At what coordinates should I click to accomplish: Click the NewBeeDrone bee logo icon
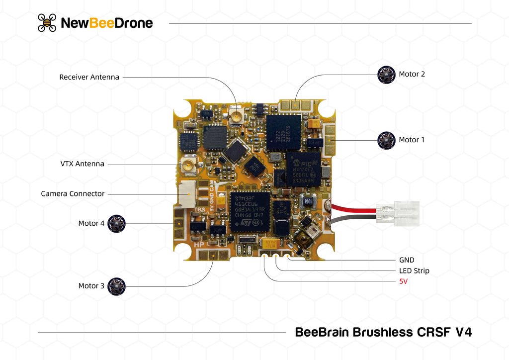[x=47, y=23]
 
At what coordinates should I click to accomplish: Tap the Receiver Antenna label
[x=89, y=77]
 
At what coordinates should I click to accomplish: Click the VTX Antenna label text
[x=83, y=164]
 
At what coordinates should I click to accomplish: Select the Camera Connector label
[x=73, y=193]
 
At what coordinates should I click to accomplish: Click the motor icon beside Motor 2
[x=386, y=75]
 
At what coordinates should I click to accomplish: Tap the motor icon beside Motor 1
[x=386, y=140]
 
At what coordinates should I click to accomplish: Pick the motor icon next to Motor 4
[x=117, y=223]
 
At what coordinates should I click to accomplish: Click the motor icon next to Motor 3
[x=117, y=286]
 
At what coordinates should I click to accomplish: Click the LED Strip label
[x=414, y=270]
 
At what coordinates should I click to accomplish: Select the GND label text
[x=407, y=260]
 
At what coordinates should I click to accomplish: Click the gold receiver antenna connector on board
[x=236, y=117]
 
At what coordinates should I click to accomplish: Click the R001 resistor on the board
[x=308, y=201]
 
